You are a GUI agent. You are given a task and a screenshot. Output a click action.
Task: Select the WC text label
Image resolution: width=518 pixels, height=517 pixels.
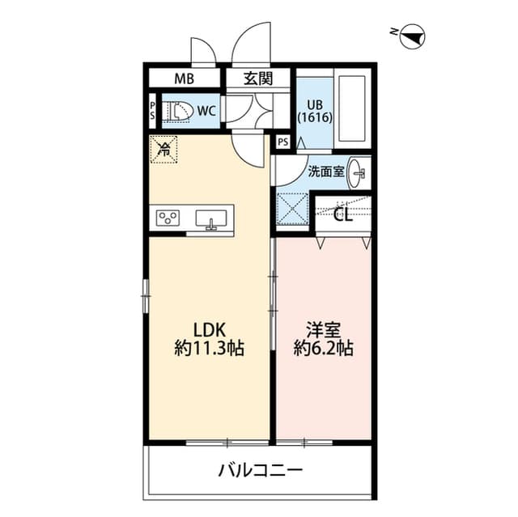coord(206,111)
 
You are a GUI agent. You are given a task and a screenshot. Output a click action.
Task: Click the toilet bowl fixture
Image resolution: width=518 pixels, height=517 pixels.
coord(178,111)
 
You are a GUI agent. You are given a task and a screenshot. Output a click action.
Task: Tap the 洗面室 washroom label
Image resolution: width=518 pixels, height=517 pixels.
coord(326,171)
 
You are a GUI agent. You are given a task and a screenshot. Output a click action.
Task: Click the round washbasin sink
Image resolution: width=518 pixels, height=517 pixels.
coord(359,171)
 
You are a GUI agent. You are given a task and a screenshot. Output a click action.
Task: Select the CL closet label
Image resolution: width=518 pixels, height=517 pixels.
coord(343,214)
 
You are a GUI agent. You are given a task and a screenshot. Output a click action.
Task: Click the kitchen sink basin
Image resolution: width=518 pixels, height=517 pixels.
coord(211,218)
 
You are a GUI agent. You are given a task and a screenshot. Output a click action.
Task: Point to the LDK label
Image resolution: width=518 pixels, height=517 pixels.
coord(209,330)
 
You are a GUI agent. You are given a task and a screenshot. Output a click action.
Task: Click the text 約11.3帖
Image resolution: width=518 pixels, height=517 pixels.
coord(209,350)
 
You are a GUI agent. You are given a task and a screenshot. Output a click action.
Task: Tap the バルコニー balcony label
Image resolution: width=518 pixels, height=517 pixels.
coord(260,469)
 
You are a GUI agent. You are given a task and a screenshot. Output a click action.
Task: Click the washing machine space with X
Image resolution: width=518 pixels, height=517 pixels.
coord(292,210)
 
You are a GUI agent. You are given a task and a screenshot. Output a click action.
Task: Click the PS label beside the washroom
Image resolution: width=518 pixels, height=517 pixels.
coord(282,142)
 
